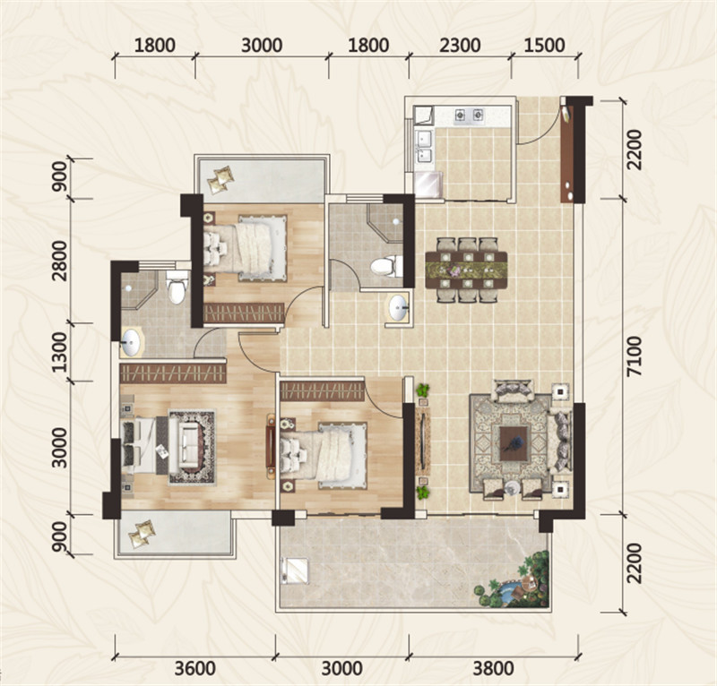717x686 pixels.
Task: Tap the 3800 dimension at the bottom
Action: click(493, 669)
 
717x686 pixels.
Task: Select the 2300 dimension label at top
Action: click(460, 46)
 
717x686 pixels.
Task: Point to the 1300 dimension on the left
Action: click(59, 352)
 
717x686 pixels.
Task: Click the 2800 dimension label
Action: click(59, 261)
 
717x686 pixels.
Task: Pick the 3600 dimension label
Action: click(195, 669)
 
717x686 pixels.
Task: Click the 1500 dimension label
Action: click(544, 46)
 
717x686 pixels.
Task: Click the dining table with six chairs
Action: click(466, 270)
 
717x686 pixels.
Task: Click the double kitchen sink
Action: click(424, 147)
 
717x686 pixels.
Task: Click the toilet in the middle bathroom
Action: click(385, 266)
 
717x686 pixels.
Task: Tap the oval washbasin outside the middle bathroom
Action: click(398, 307)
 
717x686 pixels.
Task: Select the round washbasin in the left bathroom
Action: click(131, 342)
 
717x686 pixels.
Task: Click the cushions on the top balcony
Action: click(220, 180)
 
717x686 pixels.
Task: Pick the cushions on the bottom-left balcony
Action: click(142, 534)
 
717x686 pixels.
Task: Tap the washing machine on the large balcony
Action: click(296, 570)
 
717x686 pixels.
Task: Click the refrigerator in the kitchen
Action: click(428, 184)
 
